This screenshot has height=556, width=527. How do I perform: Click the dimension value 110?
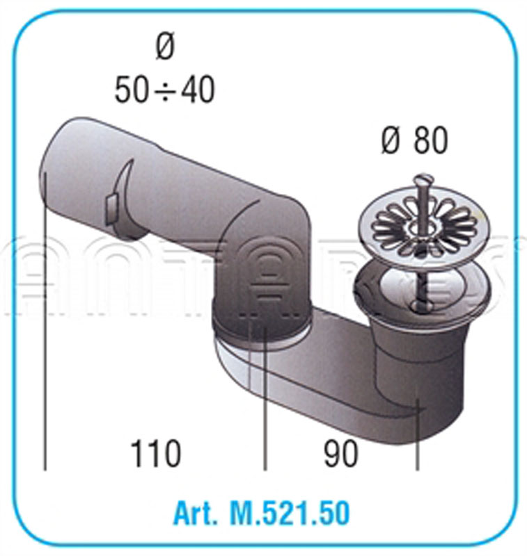click(x=155, y=454)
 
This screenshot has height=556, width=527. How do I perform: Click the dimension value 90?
click(x=340, y=454)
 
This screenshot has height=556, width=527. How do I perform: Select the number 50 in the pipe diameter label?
click(x=132, y=90)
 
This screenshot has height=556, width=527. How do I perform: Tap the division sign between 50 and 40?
click(x=164, y=91)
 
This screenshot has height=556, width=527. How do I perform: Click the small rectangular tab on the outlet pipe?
click(x=111, y=206)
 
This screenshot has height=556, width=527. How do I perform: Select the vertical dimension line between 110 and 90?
click(x=265, y=403)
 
